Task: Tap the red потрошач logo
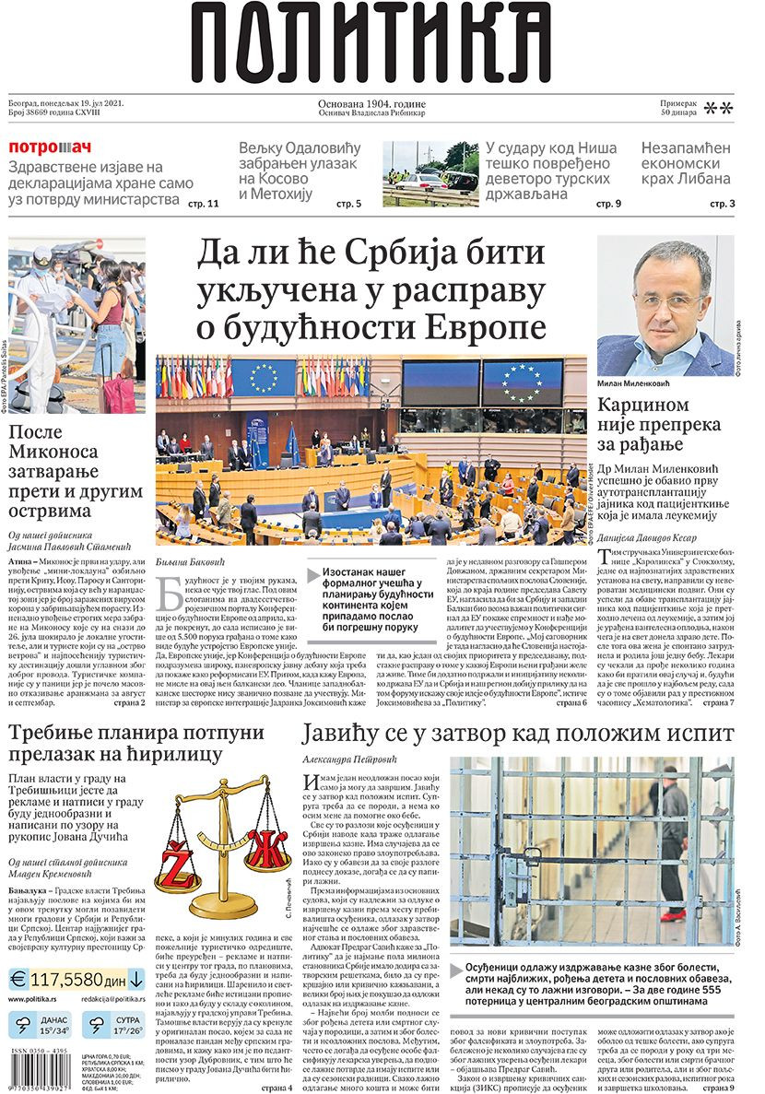pos(51,147)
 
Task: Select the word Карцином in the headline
pos(644,405)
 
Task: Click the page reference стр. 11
pos(202,203)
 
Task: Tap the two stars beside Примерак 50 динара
pos(718,109)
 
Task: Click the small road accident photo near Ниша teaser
pos(430,173)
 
